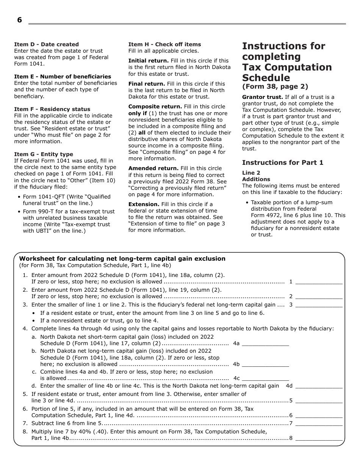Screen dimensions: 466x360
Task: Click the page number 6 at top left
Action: (x=19, y=20)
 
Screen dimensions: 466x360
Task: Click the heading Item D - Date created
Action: (x=46, y=44)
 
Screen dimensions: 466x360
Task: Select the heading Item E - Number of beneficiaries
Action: (x=63, y=77)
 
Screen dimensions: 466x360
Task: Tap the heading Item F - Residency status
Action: (x=52, y=109)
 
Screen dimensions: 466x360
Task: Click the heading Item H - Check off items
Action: (x=164, y=44)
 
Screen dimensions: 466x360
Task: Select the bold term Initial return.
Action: (x=148, y=61)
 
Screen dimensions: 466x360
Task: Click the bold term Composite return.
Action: (x=155, y=107)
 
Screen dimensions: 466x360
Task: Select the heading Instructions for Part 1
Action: (x=283, y=163)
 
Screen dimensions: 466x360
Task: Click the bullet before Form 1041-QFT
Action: (x=19, y=197)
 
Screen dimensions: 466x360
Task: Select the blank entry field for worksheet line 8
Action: (x=319, y=438)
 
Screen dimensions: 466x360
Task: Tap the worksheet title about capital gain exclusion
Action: (x=122, y=259)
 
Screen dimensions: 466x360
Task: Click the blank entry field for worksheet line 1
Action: (x=319, y=282)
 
